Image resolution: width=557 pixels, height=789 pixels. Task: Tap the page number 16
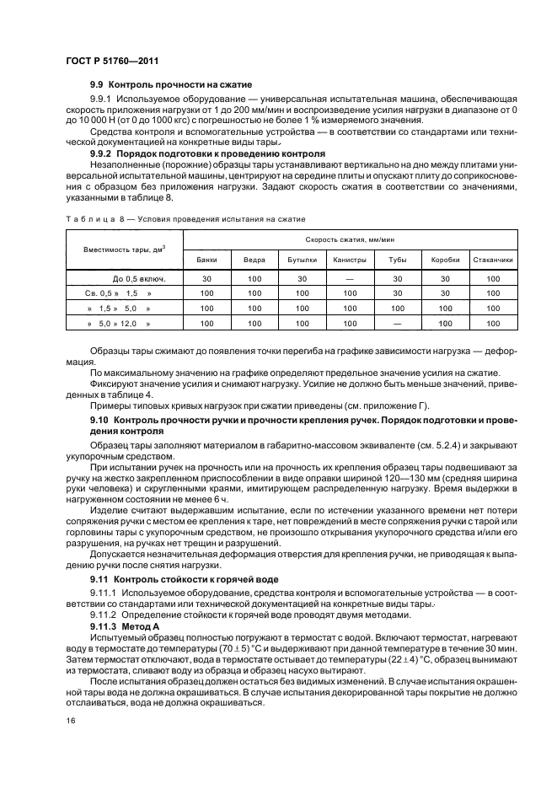(71, 720)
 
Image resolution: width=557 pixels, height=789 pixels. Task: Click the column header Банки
(206, 260)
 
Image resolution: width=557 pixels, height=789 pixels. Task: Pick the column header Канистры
(349, 260)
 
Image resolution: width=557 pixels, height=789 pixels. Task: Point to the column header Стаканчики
(492, 260)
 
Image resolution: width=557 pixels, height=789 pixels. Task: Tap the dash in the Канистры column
(349, 278)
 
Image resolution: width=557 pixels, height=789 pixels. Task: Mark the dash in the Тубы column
(397, 323)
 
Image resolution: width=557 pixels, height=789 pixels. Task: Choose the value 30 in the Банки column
(206, 278)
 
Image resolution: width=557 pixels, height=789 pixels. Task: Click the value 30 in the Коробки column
(444, 278)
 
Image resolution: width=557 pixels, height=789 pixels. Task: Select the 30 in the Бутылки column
(301, 278)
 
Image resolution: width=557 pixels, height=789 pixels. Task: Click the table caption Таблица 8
(91, 218)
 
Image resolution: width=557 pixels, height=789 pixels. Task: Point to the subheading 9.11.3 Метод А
(123, 626)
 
